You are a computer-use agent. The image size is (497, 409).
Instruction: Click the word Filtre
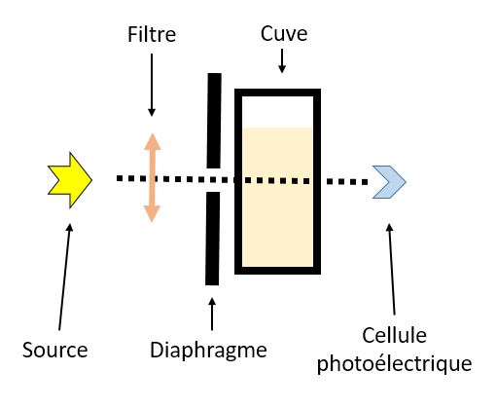[152, 34]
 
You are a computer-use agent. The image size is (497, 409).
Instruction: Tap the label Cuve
[284, 33]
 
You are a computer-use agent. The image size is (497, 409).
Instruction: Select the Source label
[55, 350]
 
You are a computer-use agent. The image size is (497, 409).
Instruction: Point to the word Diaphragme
[208, 351]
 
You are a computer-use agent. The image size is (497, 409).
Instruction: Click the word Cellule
[394, 335]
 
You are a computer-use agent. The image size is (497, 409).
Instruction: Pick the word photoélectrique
[394, 364]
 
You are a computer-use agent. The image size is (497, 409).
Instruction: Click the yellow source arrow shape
[70, 180]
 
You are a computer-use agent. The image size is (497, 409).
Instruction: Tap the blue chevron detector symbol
[389, 182]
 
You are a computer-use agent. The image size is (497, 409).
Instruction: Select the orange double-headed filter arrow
[153, 177]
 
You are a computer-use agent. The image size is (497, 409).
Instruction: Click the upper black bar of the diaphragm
[214, 121]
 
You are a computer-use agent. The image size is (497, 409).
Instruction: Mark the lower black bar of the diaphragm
[213, 239]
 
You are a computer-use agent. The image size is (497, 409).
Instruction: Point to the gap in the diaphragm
[213, 180]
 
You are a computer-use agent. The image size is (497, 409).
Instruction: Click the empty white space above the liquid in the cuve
[278, 112]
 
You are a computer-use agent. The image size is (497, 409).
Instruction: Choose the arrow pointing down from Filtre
[152, 85]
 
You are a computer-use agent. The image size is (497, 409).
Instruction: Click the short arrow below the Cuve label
[282, 60]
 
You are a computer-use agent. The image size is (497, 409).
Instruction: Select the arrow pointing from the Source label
[64, 277]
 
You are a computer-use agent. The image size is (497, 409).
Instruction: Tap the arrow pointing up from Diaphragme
[212, 314]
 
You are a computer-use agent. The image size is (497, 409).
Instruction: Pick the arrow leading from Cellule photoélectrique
[392, 269]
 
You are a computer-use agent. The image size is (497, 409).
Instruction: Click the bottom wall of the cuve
[278, 271]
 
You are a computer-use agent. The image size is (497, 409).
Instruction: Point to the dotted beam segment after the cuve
[347, 182]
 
